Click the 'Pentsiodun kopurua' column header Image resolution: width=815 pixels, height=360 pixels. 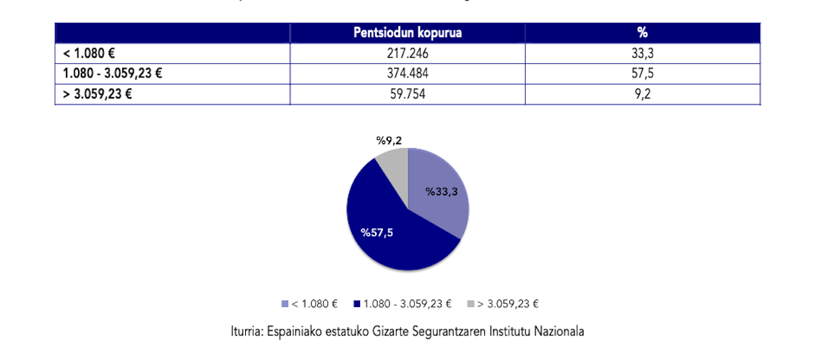407,33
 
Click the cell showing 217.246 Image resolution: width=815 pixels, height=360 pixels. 407,53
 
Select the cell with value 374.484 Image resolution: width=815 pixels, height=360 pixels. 407,73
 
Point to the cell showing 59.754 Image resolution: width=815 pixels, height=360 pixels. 407,94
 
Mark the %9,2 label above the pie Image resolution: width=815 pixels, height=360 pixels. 389,141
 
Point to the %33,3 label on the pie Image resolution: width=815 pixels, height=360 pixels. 441,192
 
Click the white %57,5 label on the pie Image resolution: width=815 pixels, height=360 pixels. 377,233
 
